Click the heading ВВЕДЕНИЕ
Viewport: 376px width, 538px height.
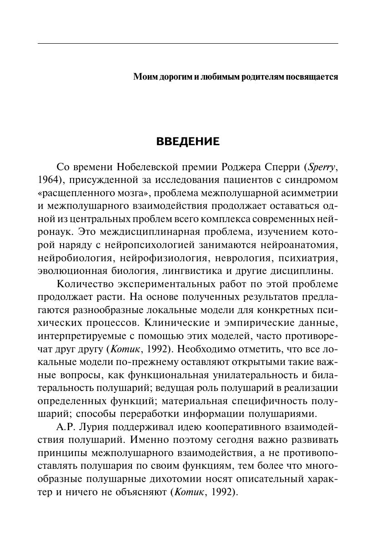188,142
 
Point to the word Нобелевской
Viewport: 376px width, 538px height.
146,166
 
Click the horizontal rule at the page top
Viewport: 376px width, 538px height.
188,44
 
